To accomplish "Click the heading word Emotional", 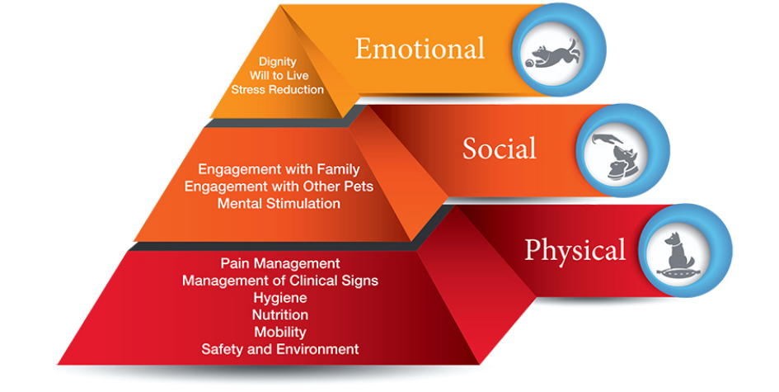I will coord(420,49).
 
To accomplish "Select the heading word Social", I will coord(499,149).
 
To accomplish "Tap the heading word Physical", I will coord(575,248).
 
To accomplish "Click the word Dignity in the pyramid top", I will coord(278,61).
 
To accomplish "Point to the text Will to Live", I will coord(278,75).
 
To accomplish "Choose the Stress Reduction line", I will coord(278,89).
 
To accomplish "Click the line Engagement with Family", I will coord(279,170).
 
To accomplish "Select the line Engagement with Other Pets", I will coord(279,187).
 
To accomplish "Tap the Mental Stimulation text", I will coord(279,203).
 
